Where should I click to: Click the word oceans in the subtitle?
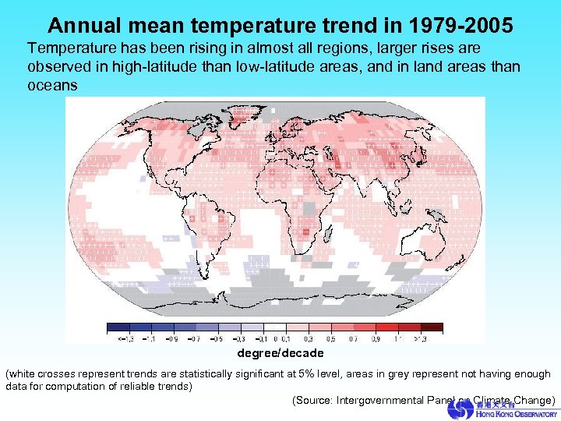tap(52, 85)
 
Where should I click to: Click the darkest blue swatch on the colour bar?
tap(118, 328)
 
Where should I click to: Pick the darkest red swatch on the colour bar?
tap(432, 328)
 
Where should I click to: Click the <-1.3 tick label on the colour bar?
tap(123, 339)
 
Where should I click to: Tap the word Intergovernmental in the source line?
tap(380, 400)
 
